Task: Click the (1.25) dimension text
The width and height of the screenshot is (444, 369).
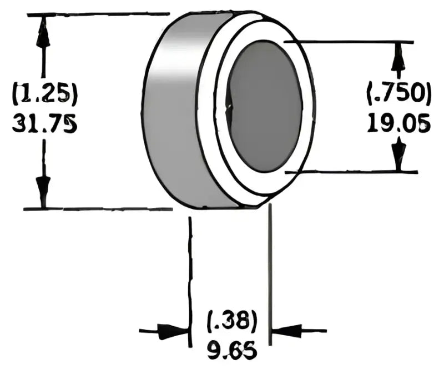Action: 44,94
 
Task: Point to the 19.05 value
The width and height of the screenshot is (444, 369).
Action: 398,123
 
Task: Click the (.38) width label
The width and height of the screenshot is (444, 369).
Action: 231,322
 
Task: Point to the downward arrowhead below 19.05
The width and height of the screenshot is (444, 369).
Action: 397,156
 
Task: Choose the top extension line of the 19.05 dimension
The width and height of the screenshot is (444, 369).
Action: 355,42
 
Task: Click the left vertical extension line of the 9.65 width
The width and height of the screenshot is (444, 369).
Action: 190,267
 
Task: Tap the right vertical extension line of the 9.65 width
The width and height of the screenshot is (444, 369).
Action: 270,267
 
